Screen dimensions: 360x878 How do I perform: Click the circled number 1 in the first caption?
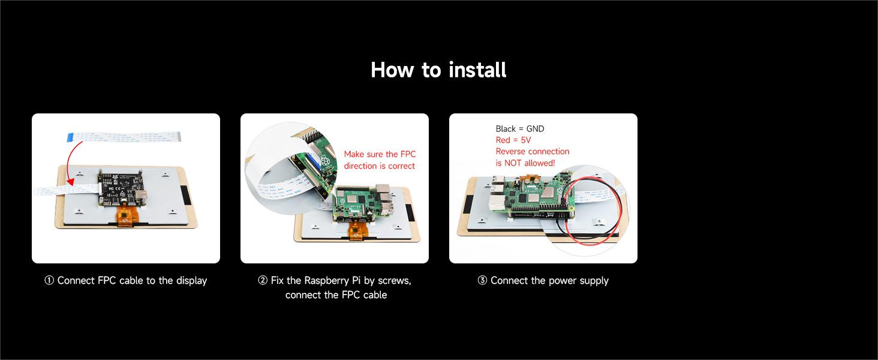49,281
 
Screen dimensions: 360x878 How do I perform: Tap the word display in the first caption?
191,281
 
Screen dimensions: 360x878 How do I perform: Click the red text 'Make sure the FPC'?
380,154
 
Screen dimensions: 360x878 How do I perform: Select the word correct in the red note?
401,166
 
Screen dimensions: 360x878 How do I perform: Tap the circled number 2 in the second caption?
263,281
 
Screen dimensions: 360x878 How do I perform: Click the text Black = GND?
519,128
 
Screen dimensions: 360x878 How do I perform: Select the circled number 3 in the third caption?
482,281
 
